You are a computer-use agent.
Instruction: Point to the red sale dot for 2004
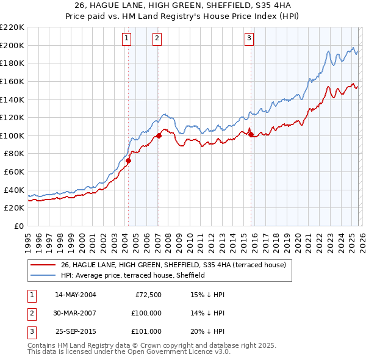click(x=129, y=161)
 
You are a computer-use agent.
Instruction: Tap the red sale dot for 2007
click(x=159, y=135)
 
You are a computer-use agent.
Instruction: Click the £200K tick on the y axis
click(x=12, y=45)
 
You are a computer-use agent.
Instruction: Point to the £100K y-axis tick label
click(x=12, y=135)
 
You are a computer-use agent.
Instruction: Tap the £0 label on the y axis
click(x=18, y=226)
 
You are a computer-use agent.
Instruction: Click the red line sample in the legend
click(x=43, y=265)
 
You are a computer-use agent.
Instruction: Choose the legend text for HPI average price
click(x=133, y=276)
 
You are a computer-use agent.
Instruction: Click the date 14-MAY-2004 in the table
click(x=76, y=295)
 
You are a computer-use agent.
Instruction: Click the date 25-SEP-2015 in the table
click(x=76, y=331)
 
